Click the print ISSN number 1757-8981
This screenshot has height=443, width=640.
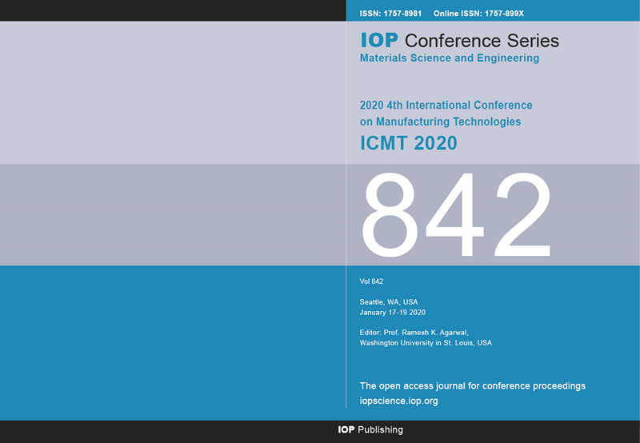point(402,14)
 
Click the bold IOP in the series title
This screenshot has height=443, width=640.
point(379,41)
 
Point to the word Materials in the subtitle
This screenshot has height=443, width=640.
point(384,58)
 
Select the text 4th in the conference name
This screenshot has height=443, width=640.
point(394,106)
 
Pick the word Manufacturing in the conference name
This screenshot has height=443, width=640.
point(413,122)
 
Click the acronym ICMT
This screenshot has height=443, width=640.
point(384,143)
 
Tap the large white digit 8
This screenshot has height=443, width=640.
point(390,214)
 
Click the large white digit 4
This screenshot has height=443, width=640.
point(455,214)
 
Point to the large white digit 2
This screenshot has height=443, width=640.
point(522,214)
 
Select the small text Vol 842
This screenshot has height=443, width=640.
point(371,281)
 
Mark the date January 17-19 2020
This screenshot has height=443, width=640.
point(393,313)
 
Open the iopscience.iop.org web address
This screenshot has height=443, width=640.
point(398,401)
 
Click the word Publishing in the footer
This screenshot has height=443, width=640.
point(381,429)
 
